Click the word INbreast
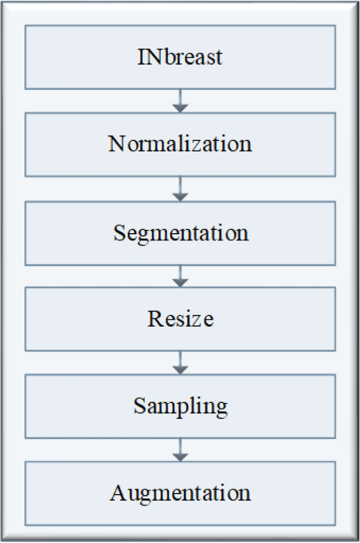pyautogui.click(x=180, y=56)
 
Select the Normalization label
pyautogui.click(x=180, y=143)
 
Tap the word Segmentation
pyautogui.click(x=180, y=232)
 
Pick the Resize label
pyautogui.click(x=180, y=318)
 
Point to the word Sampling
pyautogui.click(x=180, y=406)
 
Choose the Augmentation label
pyautogui.click(x=180, y=493)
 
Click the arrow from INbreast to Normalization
pyautogui.click(x=180, y=101)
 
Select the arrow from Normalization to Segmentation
pyautogui.click(x=180, y=189)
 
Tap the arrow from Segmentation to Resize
pyautogui.click(x=180, y=276)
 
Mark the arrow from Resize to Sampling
pyautogui.click(x=180, y=363)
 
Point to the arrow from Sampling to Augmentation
pyautogui.click(x=180, y=450)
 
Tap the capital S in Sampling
pyautogui.click(x=139, y=405)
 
